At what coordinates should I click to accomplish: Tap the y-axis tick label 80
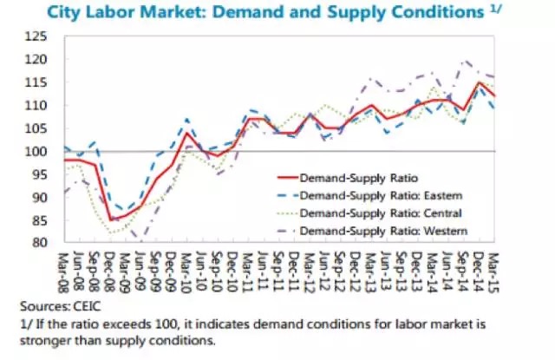(x=39, y=243)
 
